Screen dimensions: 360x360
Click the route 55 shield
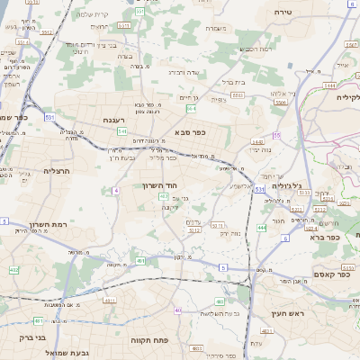pos(277,135)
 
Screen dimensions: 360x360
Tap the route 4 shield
pos(116,191)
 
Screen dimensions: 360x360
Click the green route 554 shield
pos(192,108)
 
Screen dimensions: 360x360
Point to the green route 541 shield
pos(121,131)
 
